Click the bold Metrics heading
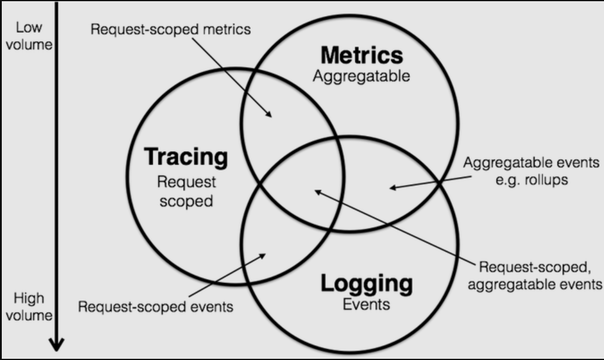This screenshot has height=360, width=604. (x=361, y=55)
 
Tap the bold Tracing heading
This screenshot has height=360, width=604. (x=186, y=157)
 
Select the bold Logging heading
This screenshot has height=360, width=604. (x=366, y=283)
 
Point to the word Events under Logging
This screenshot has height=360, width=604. (x=366, y=305)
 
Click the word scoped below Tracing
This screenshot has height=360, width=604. (x=187, y=201)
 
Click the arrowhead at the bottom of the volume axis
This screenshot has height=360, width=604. (x=56, y=345)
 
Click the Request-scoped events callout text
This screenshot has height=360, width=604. (x=156, y=308)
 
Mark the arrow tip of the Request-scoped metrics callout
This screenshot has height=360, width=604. (x=271, y=116)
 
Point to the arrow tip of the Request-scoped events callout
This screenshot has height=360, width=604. (x=265, y=255)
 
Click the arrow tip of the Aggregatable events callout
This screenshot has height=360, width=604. (x=391, y=188)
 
